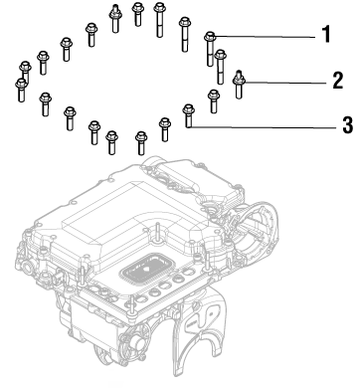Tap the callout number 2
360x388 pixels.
click(x=337, y=78)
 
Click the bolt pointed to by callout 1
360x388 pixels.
click(x=210, y=44)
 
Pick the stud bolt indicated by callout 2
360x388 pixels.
click(x=239, y=84)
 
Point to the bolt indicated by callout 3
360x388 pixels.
click(x=187, y=114)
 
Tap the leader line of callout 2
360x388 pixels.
click(x=288, y=79)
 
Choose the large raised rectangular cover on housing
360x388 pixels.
click(x=99, y=214)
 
